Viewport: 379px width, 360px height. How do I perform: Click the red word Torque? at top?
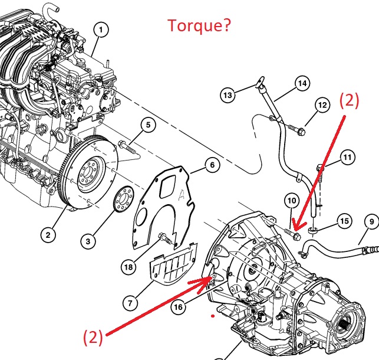[199, 25]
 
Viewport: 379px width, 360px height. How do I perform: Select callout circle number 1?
[101, 29]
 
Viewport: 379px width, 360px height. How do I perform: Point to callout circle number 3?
[87, 241]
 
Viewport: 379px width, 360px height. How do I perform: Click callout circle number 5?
[148, 125]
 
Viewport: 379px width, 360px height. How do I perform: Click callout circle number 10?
[292, 201]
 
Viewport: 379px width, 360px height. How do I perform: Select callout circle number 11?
[347, 158]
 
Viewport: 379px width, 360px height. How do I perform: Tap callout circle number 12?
[322, 106]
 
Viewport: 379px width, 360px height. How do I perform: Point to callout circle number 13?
[228, 93]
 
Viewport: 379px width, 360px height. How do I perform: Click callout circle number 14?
[302, 84]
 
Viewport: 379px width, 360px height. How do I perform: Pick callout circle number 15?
[344, 221]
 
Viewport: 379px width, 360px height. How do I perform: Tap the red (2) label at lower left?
[93, 338]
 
